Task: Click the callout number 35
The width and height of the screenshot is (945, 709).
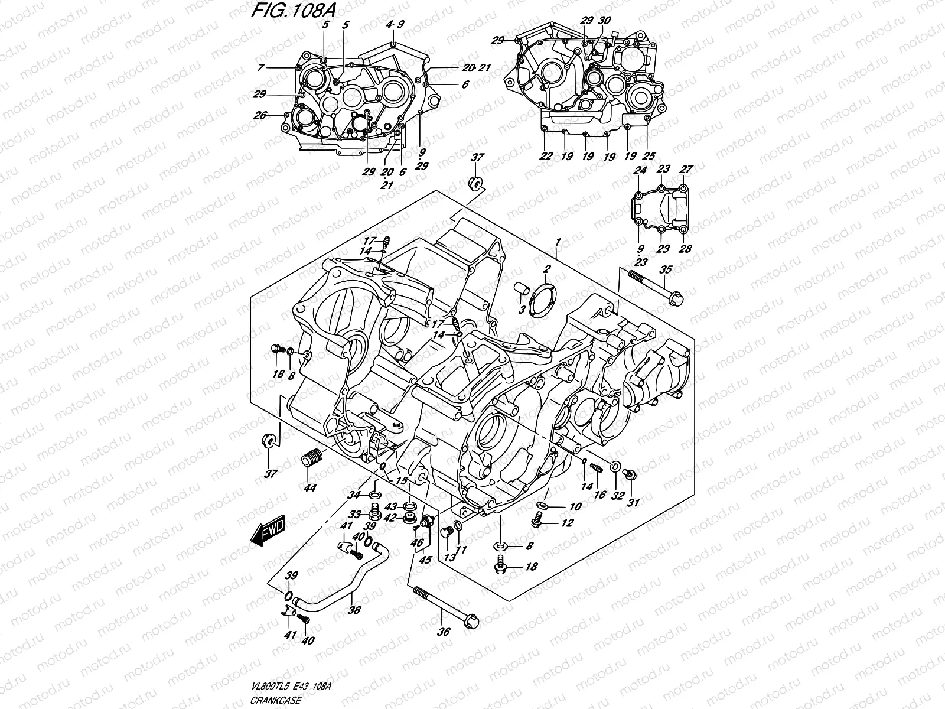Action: (x=666, y=270)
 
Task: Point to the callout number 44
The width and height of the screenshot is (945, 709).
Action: (x=309, y=487)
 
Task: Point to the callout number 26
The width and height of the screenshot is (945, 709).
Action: (x=260, y=115)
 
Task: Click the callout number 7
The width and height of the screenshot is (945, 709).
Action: (x=260, y=69)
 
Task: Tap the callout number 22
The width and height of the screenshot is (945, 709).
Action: (x=546, y=156)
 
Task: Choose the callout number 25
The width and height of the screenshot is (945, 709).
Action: (x=649, y=156)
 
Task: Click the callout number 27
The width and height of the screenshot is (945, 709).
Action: (x=685, y=170)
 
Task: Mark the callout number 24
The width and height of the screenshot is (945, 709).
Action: (x=640, y=170)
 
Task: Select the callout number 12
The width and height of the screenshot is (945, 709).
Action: (x=568, y=523)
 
